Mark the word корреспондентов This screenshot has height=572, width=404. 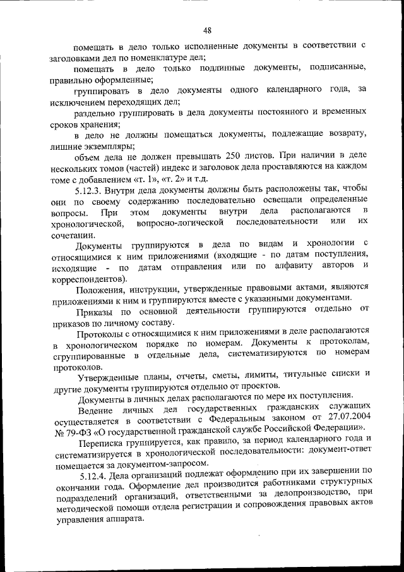[x=85, y=277]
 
